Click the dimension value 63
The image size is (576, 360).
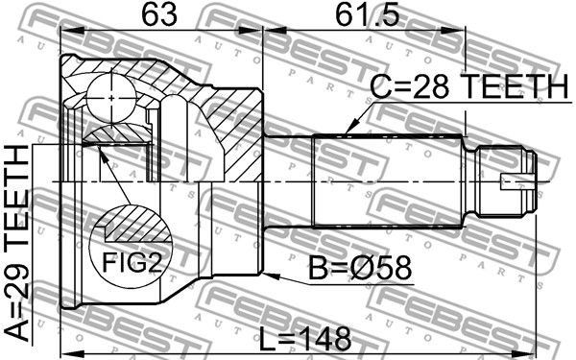coord(159,14)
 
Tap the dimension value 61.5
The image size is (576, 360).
coord(368,14)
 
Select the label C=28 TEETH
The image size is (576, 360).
coord(468,86)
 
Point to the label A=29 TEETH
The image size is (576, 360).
coord(17,243)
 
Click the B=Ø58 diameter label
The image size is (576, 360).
coord(360,269)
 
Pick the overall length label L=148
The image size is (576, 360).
coord(305,339)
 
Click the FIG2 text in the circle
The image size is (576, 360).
coord(132,262)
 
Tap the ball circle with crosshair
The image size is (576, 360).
coord(111,98)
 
